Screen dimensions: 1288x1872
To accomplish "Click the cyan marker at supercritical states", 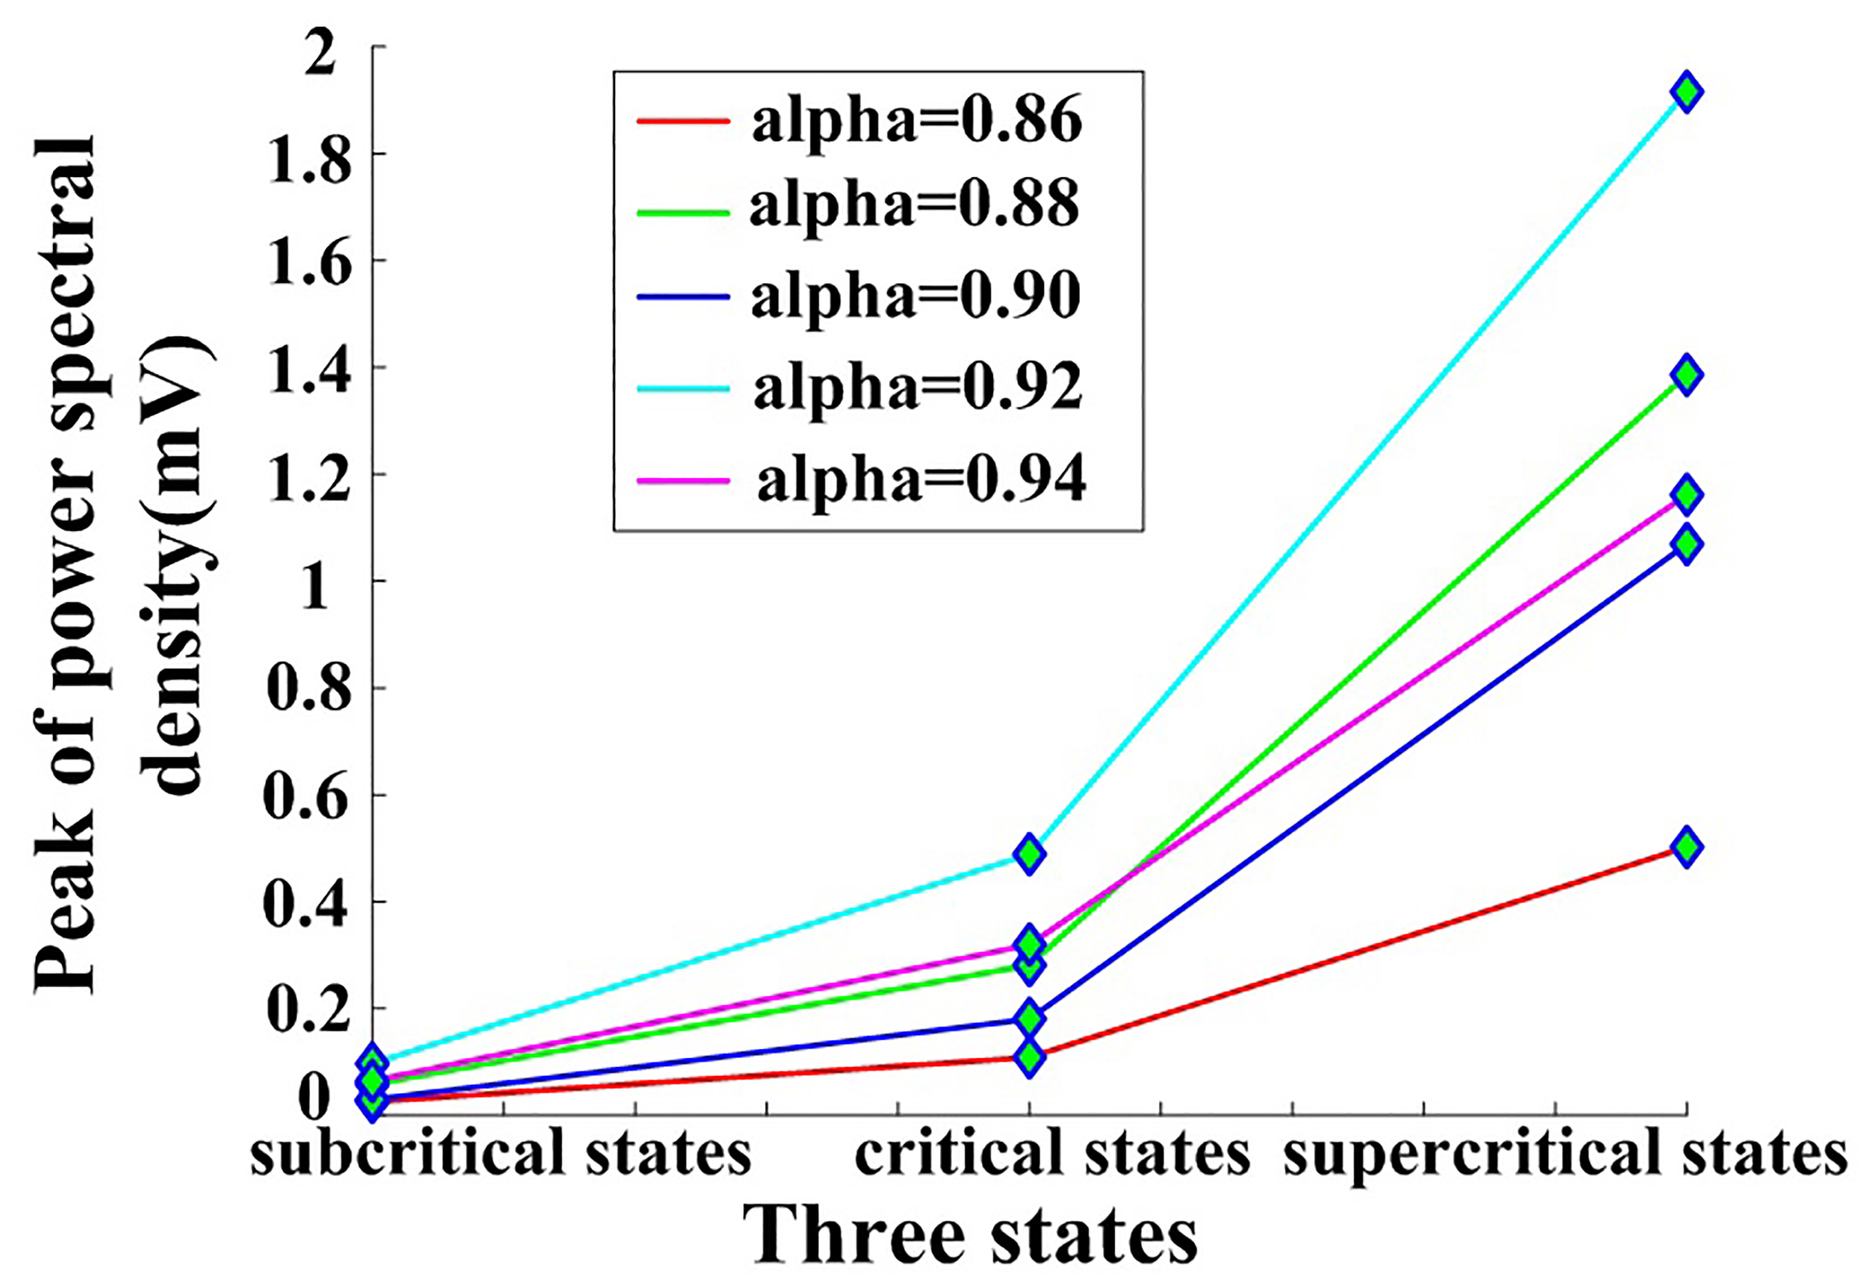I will click(1686, 92).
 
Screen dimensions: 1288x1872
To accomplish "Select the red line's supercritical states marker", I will click(1686, 847).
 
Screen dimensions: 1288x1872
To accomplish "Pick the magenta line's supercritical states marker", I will click(1686, 494).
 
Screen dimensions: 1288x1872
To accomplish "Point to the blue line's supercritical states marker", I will click(1686, 544).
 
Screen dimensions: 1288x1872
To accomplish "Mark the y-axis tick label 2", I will click(323, 50).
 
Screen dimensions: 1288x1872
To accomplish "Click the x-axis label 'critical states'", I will click(1052, 1155).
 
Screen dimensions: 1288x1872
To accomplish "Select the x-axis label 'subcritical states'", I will click(501, 1155).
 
